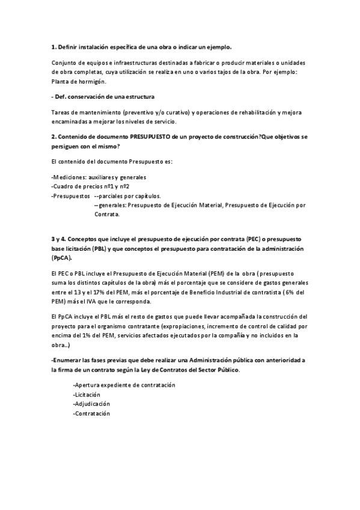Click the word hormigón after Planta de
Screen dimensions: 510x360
[x=96, y=81]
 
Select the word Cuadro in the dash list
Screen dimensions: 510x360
[x=65, y=186]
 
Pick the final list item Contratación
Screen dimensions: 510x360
[x=92, y=414]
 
